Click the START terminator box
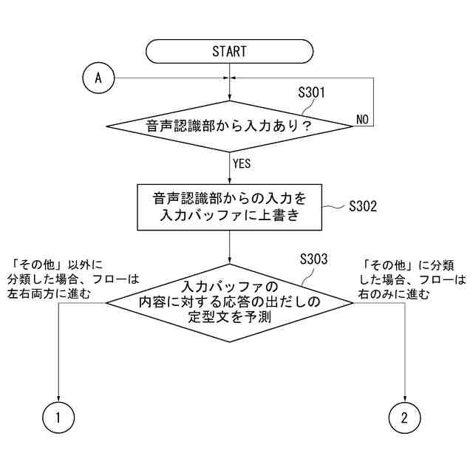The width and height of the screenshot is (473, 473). [229, 52]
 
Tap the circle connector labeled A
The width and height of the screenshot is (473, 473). [98, 78]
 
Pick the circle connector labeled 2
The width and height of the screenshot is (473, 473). [404, 418]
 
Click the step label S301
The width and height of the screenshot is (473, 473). [311, 94]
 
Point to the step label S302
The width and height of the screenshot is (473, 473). [363, 206]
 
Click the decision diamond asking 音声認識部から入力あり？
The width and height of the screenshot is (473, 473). [230, 126]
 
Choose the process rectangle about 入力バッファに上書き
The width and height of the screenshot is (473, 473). [230, 206]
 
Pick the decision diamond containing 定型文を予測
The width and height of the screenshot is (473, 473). [230, 302]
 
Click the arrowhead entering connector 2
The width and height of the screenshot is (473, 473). [404, 398]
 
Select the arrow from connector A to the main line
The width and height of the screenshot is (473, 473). [170, 78]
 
